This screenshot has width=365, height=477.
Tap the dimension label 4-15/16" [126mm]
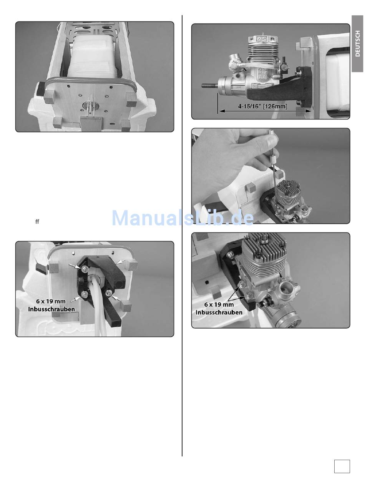262,106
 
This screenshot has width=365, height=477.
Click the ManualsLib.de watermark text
182,218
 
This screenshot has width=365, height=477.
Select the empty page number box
342,466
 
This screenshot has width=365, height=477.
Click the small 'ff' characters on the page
37,221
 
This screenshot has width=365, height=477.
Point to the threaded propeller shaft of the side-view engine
210,85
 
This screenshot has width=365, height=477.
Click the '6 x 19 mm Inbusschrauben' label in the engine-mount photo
51,305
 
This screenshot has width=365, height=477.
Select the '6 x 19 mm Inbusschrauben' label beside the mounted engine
219,308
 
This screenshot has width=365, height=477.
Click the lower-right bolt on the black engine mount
109,293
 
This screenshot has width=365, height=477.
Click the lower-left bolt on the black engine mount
84,294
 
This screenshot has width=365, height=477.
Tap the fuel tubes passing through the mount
99,305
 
